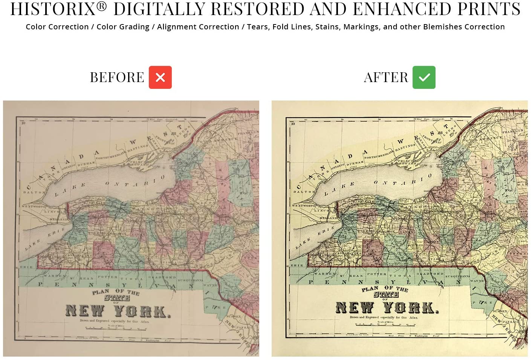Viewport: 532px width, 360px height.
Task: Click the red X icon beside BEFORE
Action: (x=160, y=77)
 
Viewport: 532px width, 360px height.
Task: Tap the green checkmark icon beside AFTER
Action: (x=424, y=77)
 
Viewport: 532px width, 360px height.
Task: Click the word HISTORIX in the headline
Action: (x=53, y=9)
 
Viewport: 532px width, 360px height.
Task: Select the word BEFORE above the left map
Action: (x=117, y=78)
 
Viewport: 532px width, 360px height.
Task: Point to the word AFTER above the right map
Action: (x=386, y=78)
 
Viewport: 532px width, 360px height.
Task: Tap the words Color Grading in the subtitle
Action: (x=123, y=27)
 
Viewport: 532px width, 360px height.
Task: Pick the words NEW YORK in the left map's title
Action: (x=118, y=311)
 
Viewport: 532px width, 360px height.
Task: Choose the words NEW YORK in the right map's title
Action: (x=387, y=308)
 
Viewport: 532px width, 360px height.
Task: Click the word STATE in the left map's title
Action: (x=117, y=298)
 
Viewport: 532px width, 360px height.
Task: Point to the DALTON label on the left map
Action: (x=34, y=192)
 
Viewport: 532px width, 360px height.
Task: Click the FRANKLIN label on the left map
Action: (x=248, y=133)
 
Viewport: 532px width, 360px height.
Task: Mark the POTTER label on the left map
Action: (x=107, y=277)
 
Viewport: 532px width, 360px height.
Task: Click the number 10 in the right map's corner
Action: (x=293, y=124)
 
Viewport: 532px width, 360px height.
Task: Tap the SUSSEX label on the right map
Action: (x=500, y=311)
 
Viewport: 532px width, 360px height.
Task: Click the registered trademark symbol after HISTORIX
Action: (x=102, y=5)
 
